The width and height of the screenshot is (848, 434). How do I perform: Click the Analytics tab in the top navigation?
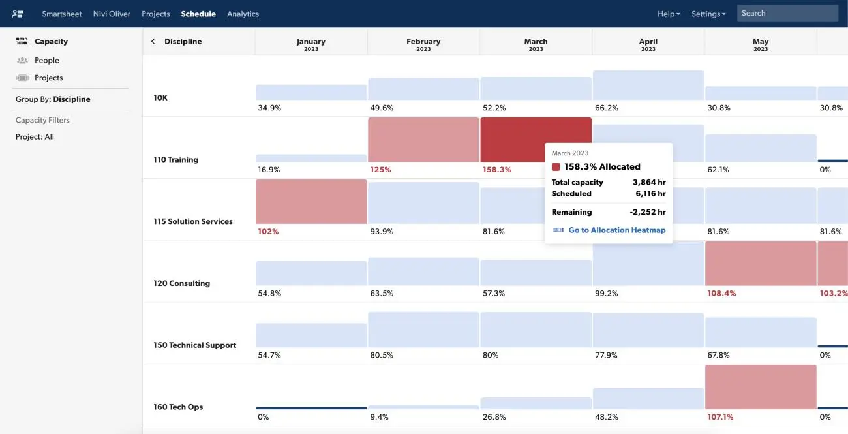click(243, 14)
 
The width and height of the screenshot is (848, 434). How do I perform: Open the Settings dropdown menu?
click(708, 14)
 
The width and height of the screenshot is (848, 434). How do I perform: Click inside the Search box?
click(787, 13)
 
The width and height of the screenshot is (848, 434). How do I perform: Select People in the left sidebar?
click(46, 60)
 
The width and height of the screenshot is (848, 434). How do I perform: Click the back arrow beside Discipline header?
click(153, 41)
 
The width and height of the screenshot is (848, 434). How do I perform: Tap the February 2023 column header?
click(423, 44)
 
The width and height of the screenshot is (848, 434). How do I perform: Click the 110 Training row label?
click(176, 159)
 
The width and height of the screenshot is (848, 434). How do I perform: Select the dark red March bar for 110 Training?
click(512, 139)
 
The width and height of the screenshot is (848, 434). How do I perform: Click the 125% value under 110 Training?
click(380, 170)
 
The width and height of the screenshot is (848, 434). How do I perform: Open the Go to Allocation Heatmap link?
click(616, 230)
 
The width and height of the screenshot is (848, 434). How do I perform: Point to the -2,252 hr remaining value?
click(648, 212)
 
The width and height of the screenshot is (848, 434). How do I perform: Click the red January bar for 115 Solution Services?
click(311, 202)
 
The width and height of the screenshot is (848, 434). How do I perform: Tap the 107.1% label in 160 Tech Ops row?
click(720, 417)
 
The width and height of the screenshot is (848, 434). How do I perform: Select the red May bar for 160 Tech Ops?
click(761, 387)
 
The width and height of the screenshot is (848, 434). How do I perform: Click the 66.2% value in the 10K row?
click(607, 108)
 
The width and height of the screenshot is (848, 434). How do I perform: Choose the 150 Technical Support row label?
click(194, 345)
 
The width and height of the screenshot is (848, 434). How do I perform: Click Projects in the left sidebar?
click(48, 78)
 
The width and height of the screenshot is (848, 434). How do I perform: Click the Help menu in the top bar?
click(668, 14)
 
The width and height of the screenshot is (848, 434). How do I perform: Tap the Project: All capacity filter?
click(35, 137)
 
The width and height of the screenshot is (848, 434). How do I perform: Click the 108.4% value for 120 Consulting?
click(721, 294)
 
